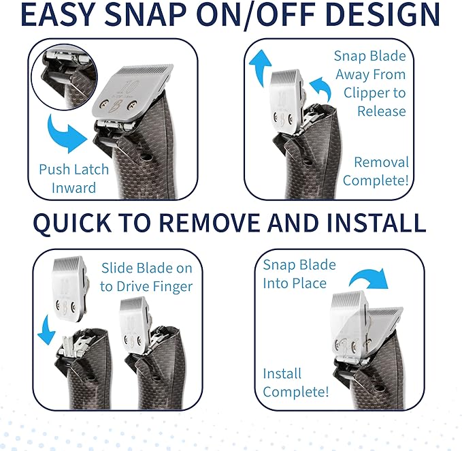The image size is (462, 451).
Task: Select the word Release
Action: click(382, 111)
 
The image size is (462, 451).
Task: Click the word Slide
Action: click(118, 267)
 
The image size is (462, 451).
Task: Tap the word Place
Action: click(306, 283)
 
